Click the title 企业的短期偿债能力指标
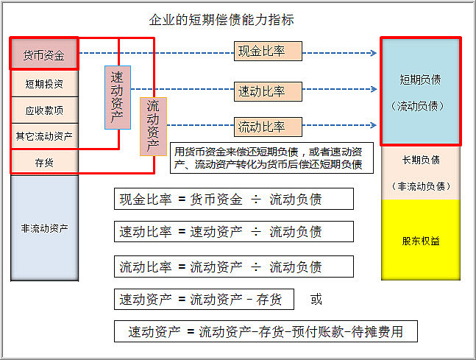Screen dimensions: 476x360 pyautogui.click(x=221, y=20)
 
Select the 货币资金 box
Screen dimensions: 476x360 pyautogui.click(x=44, y=54)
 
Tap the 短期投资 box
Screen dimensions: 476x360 pyautogui.click(x=44, y=84)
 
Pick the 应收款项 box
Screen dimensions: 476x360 pyautogui.click(x=44, y=110)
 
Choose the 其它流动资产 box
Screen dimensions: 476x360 pyautogui.click(x=44, y=135)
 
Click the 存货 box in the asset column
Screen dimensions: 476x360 pyautogui.click(x=44, y=162)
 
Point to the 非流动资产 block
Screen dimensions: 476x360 pyautogui.click(x=44, y=227)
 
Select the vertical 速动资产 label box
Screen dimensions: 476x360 pyautogui.click(x=118, y=97)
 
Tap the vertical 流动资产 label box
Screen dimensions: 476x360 pyautogui.click(x=153, y=127)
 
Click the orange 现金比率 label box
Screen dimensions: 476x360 pyautogui.click(x=268, y=51)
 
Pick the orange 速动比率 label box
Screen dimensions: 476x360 pyautogui.click(x=268, y=91)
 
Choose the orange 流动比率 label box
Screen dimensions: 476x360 pyautogui.click(x=268, y=127)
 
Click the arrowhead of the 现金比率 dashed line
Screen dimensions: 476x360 pyautogui.click(x=374, y=53)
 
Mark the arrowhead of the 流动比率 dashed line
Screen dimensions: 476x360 pyautogui.click(x=374, y=125)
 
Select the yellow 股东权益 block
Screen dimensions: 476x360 pyautogui.click(x=421, y=240)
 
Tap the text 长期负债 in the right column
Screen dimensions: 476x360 pyautogui.click(x=421, y=160)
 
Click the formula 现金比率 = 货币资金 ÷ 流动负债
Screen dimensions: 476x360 pyautogui.click(x=234, y=199)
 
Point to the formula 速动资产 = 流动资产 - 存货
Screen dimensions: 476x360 pyautogui.click(x=204, y=300)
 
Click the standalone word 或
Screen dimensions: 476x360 pyautogui.click(x=316, y=299)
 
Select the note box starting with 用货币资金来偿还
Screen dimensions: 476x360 pyautogui.click(x=271, y=158)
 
